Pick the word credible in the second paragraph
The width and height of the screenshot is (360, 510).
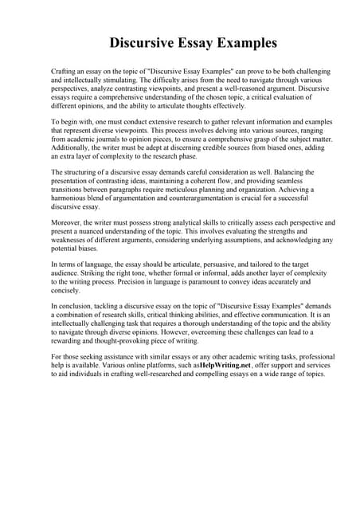[183, 147]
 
